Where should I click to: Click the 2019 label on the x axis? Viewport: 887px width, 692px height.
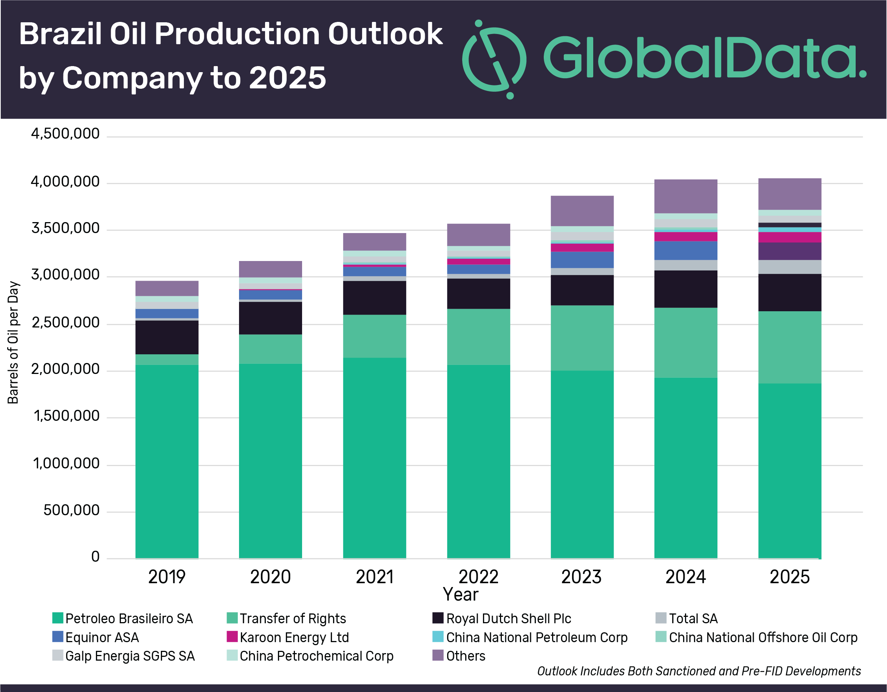(167, 577)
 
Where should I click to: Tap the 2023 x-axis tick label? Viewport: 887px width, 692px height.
(581, 577)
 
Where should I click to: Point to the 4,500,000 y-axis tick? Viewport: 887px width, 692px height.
(65, 134)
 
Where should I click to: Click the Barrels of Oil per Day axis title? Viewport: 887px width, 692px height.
(13, 342)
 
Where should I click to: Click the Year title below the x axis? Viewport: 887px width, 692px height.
(461, 595)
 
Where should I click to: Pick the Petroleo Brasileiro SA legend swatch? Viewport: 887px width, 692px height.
(58, 618)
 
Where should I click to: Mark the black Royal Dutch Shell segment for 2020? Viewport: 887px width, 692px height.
(270, 318)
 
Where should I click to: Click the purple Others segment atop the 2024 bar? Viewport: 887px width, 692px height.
(686, 196)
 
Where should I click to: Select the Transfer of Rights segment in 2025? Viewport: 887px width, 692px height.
(790, 347)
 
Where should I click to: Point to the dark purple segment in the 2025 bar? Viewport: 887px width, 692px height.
(790, 251)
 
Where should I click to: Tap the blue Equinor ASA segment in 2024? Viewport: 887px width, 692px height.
(686, 250)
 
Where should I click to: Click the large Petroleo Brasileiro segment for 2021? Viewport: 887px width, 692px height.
(375, 457)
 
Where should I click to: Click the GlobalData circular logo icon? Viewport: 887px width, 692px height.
(494, 59)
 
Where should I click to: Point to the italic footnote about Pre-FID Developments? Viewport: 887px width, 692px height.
(699, 671)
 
